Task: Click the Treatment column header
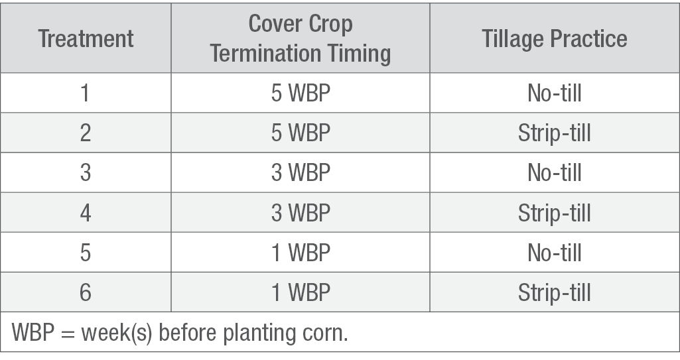[x=86, y=38]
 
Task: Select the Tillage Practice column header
[x=554, y=39]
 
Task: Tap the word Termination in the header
[x=265, y=54]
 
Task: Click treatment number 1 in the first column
[x=86, y=93]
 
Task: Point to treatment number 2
[x=86, y=133]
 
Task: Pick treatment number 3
[x=86, y=172]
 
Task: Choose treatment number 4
[x=86, y=212]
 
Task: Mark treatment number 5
[x=86, y=252]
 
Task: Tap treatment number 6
[x=86, y=292]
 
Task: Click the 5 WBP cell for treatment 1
[x=301, y=93]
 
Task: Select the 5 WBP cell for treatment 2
[x=301, y=133]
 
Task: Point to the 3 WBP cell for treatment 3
[x=301, y=172]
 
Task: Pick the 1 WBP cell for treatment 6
[x=301, y=292]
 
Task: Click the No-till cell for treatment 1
[x=554, y=93]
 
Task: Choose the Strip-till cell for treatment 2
[x=554, y=133]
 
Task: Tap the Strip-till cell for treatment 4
[x=554, y=213]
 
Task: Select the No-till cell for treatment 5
[x=554, y=252]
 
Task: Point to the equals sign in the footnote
[x=68, y=333]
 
